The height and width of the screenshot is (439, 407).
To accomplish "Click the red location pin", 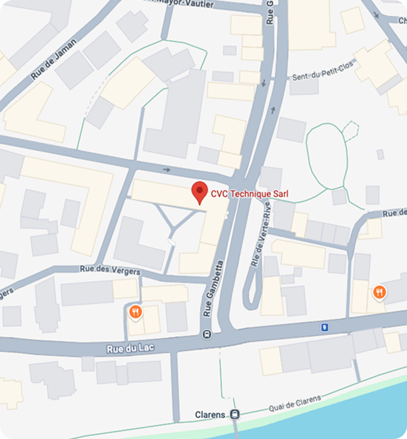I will click(199, 191).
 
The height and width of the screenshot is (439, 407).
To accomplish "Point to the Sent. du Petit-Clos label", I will click(322, 77).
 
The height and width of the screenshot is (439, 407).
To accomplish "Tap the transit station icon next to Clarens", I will click(234, 414).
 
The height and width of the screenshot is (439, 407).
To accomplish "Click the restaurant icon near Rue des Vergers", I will click(135, 311).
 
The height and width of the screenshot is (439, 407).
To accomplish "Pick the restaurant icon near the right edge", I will click(379, 292).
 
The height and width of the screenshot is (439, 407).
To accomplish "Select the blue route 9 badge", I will click(325, 327).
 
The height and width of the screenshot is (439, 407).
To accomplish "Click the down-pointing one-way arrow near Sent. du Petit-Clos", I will click(264, 83).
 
